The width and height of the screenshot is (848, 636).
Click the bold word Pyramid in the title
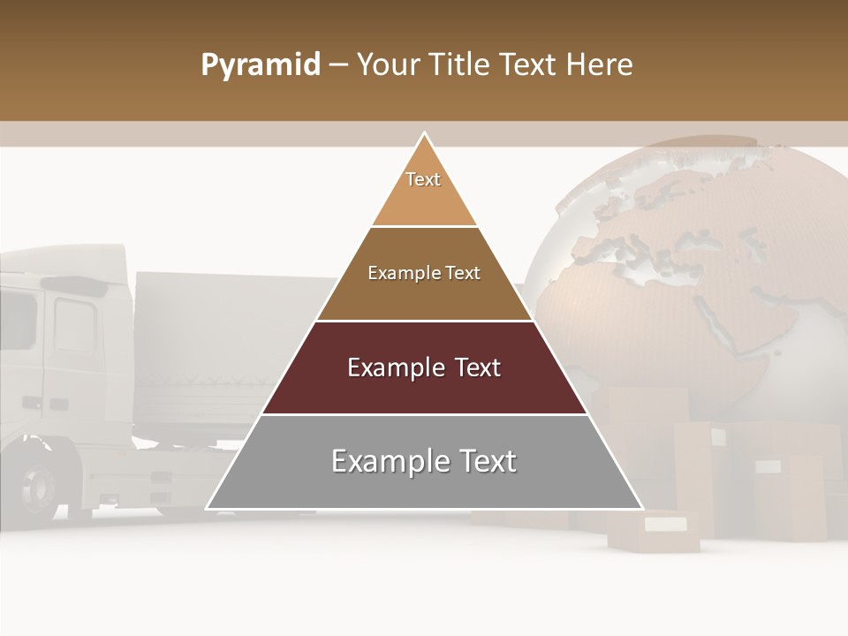point(260,65)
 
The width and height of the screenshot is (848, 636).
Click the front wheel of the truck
point(40,486)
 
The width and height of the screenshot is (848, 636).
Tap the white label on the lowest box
point(665,524)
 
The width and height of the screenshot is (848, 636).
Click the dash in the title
point(338,65)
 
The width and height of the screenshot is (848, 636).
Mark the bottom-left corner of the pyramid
point(207,509)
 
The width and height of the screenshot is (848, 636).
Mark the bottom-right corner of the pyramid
point(642,509)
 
